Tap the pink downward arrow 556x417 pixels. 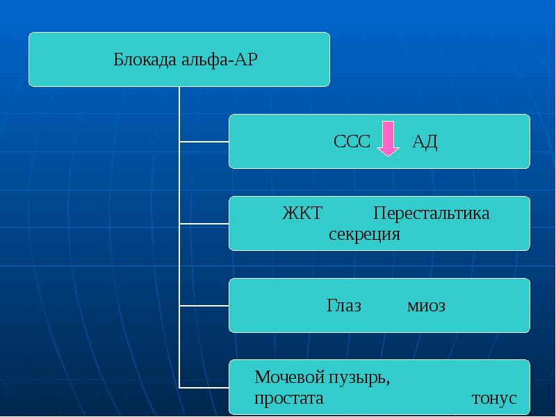pyautogui.click(x=388, y=138)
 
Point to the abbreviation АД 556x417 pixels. pyautogui.click(x=425, y=142)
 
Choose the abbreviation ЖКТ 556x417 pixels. pyautogui.click(x=302, y=213)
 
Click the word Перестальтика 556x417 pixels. pyautogui.click(x=431, y=213)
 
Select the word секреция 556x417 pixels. pyautogui.click(x=364, y=234)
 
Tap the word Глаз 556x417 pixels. pyautogui.click(x=344, y=306)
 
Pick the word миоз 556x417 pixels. pyautogui.click(x=425, y=306)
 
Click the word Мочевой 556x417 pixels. pyautogui.click(x=289, y=378)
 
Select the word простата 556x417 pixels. pyautogui.click(x=288, y=399)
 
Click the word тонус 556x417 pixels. pyautogui.click(x=494, y=399)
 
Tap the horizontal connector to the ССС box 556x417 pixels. pyautogui.click(x=204, y=142)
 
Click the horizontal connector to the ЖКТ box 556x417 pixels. pyautogui.click(x=204, y=224)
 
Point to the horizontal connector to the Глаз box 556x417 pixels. pyautogui.click(x=204, y=306)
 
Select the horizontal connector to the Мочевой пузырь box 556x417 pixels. pyautogui.click(x=204, y=387)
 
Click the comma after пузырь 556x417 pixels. pyautogui.click(x=387, y=382)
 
